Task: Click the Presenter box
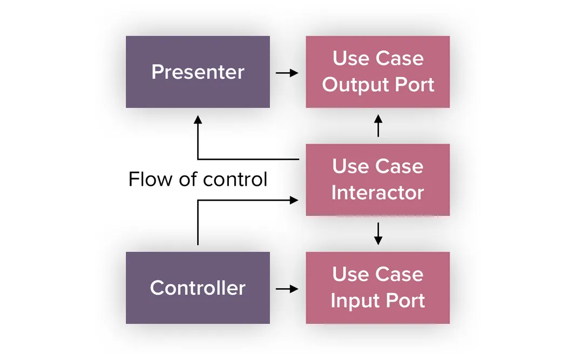pos(198,72)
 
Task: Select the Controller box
pos(198,288)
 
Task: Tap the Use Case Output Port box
pos(377,72)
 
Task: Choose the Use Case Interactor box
pos(377,180)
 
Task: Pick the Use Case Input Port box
pos(377,288)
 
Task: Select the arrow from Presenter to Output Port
pos(287,73)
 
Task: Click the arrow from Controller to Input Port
pos(287,289)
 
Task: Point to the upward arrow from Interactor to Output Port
pos(378,125)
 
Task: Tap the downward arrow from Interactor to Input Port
pos(378,233)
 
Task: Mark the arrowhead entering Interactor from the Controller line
pos(294,200)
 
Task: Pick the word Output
pos(352,85)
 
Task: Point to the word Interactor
pos(377,193)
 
